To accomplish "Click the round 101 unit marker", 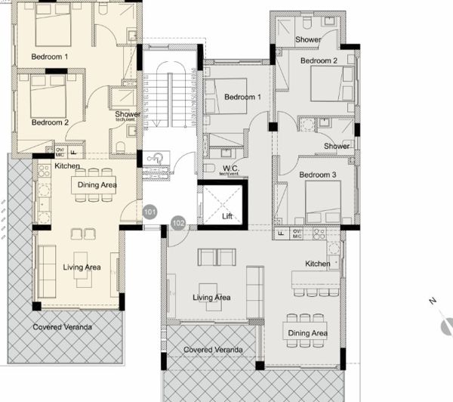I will pos(149,212).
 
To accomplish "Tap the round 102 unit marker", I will pos(178,223).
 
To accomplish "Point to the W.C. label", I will pos(231,168).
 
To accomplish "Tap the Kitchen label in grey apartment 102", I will pos(317,264).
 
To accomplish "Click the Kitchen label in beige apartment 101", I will pos(67,165).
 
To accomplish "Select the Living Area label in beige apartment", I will pos(82,267).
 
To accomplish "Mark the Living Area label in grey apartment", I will pos(211,298).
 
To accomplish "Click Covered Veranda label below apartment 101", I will pos(62,327).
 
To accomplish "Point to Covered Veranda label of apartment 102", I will pos(213,350).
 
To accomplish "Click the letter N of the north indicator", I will pos(433,301).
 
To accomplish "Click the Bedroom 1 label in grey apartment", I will pos(242,97).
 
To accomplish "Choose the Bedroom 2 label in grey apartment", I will pos(318,60).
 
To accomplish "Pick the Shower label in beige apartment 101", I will pos(128,115).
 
